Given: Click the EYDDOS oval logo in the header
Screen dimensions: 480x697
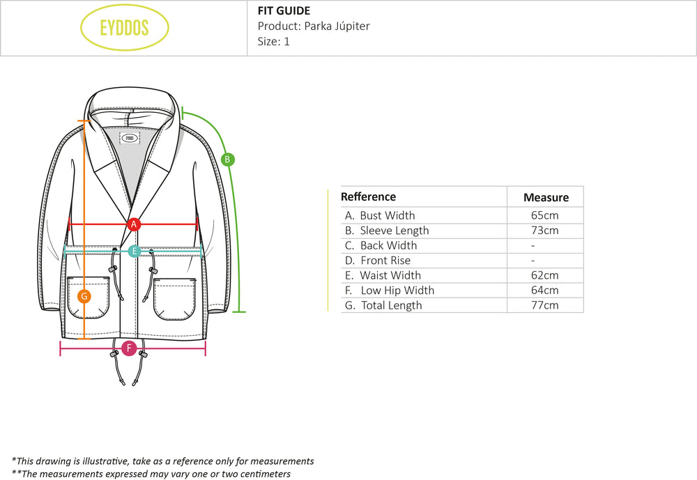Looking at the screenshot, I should tap(125, 29).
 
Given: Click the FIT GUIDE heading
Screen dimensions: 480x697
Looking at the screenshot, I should tap(284, 10).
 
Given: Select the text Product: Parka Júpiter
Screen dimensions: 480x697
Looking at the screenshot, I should tap(314, 26).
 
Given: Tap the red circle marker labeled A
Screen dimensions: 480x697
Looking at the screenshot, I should tap(135, 224).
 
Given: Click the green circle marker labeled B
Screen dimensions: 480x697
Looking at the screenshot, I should tap(227, 160).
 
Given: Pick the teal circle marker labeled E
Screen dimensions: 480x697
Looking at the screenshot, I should tap(135, 251).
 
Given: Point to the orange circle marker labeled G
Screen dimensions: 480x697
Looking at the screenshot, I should tap(84, 296).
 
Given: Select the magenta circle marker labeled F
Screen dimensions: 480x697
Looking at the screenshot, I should tap(128, 348).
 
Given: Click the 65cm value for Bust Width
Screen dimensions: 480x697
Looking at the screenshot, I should tap(544, 215).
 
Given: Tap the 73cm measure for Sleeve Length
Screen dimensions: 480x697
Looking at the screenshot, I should tap(544, 231).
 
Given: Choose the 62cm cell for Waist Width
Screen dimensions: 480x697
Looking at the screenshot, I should tap(544, 275).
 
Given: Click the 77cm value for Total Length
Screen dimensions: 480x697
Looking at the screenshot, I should tap(544, 305).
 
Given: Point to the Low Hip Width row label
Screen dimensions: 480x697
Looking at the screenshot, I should tap(390, 291).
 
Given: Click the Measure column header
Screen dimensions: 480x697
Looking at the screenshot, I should tap(546, 197).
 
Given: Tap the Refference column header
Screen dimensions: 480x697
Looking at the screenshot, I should tap(368, 197).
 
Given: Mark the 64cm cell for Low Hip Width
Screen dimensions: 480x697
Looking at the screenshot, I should tap(544, 291).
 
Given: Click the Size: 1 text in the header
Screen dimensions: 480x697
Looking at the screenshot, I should tap(273, 42).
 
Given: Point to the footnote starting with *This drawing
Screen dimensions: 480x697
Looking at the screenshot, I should tap(162, 461).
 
